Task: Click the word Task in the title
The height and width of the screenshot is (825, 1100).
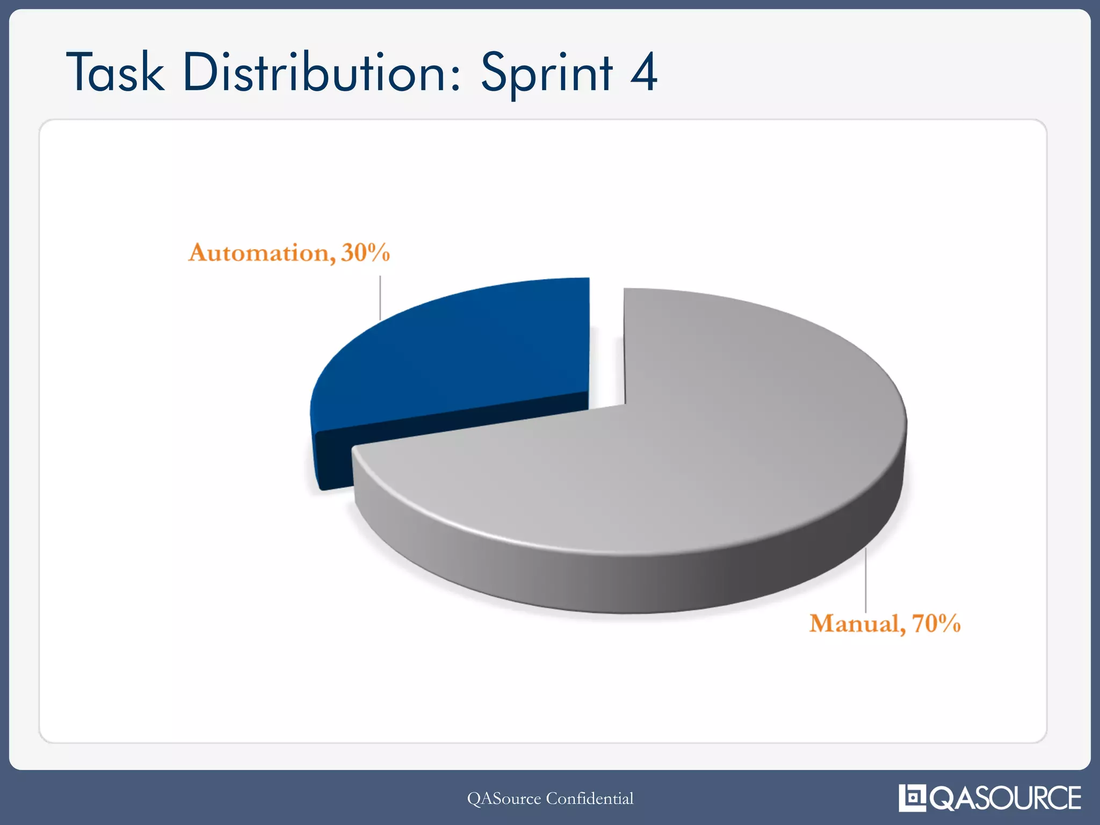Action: (115, 73)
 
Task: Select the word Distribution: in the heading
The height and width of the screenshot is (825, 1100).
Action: (321, 73)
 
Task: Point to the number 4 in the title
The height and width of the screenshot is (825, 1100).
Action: (643, 73)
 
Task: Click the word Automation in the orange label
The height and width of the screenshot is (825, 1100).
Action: (259, 253)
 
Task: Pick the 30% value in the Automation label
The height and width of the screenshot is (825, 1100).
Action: (365, 253)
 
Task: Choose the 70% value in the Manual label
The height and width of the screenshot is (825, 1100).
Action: (936, 624)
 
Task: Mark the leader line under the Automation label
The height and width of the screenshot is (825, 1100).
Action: (380, 298)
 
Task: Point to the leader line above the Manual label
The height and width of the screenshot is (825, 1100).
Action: (865, 580)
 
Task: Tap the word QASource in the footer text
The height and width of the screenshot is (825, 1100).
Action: (504, 799)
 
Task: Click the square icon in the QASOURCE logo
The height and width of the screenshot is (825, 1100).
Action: (912, 798)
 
